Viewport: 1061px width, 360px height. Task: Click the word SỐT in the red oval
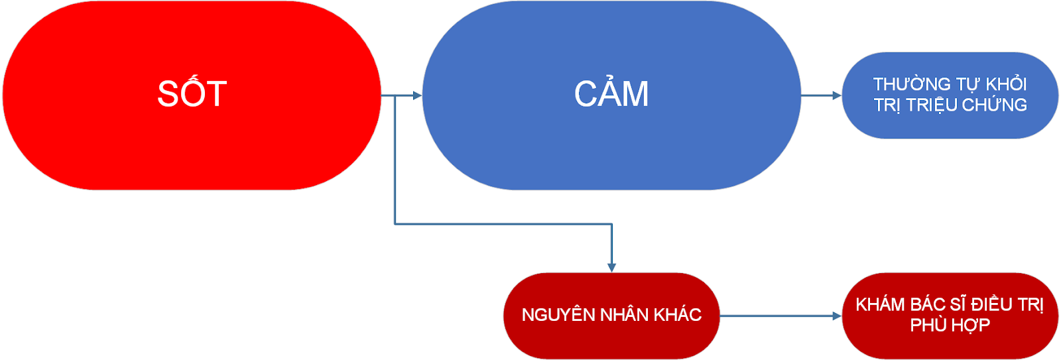(x=192, y=93)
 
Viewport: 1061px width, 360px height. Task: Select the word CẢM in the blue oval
(x=611, y=93)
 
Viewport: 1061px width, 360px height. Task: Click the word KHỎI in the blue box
(x=1006, y=84)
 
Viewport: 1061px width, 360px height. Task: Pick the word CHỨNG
(x=994, y=105)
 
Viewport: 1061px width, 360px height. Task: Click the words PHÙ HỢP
(x=950, y=325)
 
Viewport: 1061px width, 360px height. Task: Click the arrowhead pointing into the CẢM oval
(x=418, y=95)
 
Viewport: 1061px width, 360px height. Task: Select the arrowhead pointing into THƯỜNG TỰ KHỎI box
(x=837, y=95)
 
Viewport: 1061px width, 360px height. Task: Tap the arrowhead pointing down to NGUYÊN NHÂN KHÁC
(x=611, y=268)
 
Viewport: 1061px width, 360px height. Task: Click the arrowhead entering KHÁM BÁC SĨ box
(x=837, y=316)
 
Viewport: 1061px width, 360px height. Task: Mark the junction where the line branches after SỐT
(x=395, y=95)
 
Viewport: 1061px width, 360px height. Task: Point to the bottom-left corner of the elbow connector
(x=395, y=224)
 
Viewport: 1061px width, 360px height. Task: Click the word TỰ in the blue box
(x=968, y=84)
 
